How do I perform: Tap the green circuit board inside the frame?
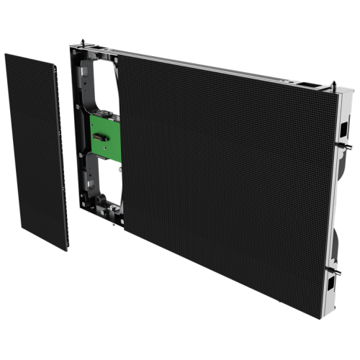pos(102,138)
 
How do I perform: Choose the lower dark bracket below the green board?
pos(101,180)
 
